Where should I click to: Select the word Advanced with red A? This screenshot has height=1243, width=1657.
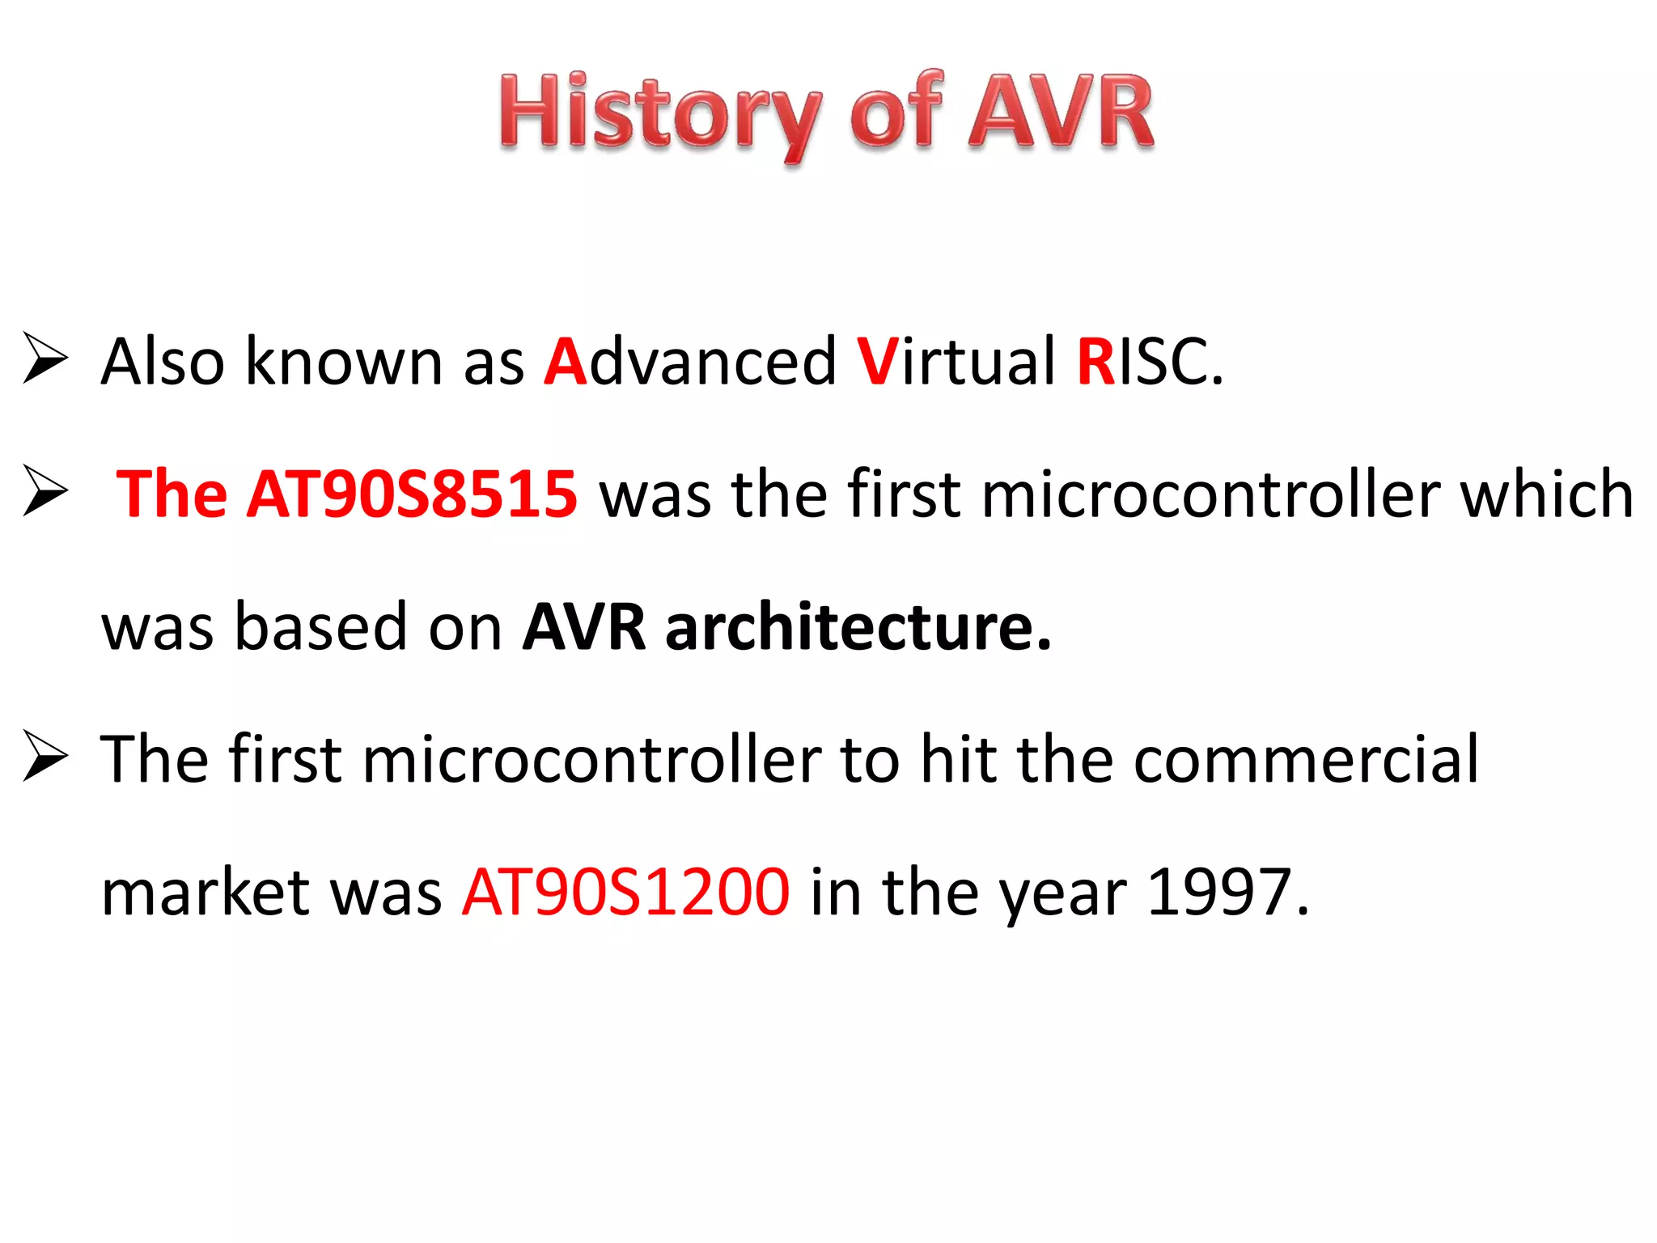[x=689, y=362]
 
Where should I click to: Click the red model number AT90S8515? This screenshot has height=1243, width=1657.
[x=413, y=494]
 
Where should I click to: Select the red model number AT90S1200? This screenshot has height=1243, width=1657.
[x=625, y=892]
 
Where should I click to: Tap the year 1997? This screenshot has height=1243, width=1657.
[x=1227, y=892]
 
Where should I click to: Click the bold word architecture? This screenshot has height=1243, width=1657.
[x=858, y=626]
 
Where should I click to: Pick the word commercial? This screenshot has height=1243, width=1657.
[x=1306, y=759]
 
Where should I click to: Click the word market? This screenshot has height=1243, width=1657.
[x=206, y=892]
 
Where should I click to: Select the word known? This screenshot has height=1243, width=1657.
[x=344, y=362]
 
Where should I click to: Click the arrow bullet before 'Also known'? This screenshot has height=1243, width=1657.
[x=45, y=358]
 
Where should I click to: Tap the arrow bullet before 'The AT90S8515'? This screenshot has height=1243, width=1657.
[x=45, y=490]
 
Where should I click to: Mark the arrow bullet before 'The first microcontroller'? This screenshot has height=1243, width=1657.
[x=45, y=756]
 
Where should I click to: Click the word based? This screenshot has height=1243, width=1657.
[x=320, y=626]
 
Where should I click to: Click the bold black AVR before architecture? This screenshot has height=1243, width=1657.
[x=584, y=626]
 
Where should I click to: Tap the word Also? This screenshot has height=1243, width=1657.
[x=163, y=362]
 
